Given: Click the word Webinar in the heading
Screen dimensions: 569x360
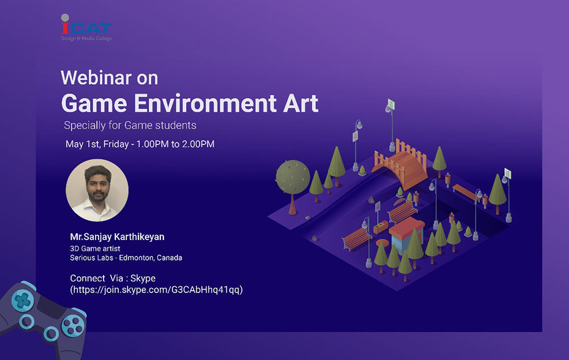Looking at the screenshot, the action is click(x=96, y=77).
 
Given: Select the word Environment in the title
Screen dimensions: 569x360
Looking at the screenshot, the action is click(x=205, y=104).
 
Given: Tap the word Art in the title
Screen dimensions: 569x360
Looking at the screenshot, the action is click(x=300, y=104).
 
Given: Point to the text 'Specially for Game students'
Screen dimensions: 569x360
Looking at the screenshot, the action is click(x=130, y=126).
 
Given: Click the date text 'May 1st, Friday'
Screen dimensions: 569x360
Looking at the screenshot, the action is click(x=97, y=144).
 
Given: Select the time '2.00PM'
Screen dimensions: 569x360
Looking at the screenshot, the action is click(x=198, y=144).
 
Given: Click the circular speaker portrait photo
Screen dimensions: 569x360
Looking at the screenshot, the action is click(x=97, y=190).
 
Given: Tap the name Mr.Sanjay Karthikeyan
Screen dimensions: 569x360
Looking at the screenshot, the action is click(x=117, y=237).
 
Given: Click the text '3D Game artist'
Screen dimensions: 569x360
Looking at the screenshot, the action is click(x=94, y=249).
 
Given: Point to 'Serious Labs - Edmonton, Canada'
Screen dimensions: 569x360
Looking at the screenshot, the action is click(x=126, y=258).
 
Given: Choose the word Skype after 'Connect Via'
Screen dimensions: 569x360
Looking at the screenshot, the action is click(x=143, y=278).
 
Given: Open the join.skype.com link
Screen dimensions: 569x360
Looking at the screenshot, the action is click(x=156, y=289).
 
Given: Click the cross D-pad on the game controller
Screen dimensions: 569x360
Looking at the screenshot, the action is click(x=23, y=300).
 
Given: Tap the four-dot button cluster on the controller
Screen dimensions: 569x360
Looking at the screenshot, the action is click(x=73, y=325).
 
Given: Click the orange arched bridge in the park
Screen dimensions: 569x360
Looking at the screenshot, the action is click(x=400, y=163).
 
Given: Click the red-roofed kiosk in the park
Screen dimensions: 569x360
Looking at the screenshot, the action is click(x=406, y=234).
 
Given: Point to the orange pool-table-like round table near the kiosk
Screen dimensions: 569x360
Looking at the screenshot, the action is click(x=382, y=242).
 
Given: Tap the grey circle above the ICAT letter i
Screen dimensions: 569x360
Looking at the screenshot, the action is click(x=65, y=18).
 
